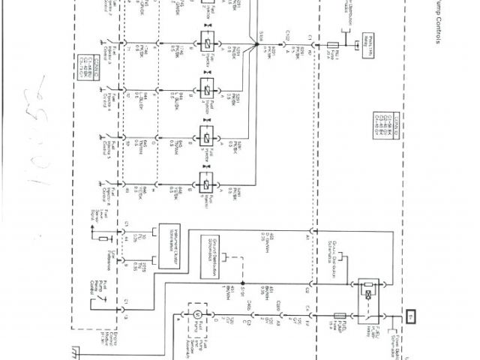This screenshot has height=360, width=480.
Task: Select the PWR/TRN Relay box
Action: [x=370, y=39]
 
